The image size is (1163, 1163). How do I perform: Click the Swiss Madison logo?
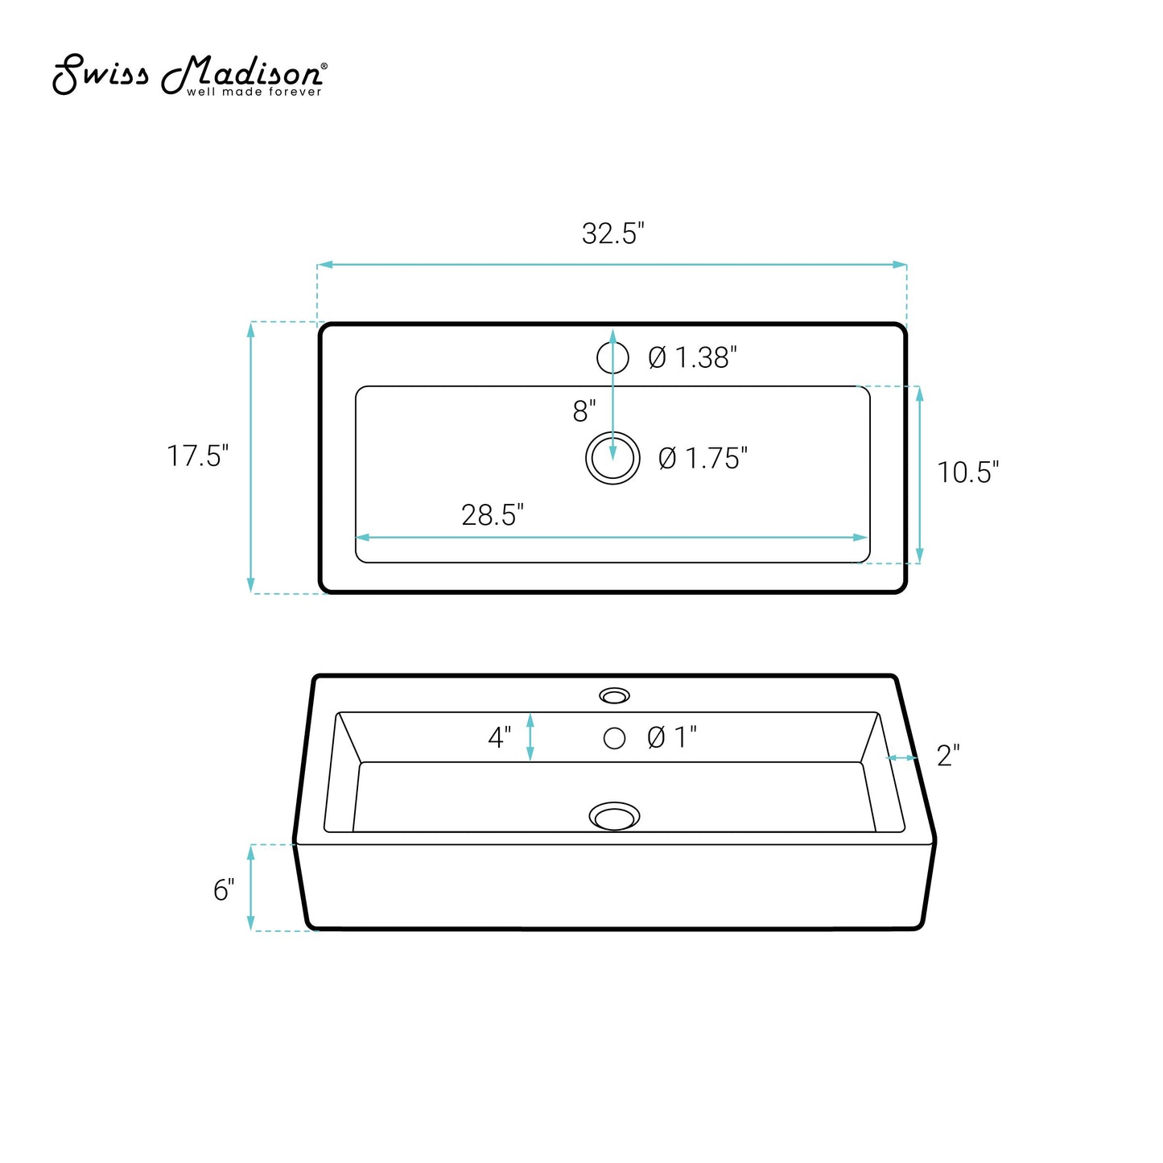click(x=190, y=76)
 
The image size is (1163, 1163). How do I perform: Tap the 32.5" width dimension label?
click(x=612, y=233)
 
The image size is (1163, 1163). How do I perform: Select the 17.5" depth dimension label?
click(x=197, y=456)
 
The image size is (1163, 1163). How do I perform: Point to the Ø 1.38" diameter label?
click(x=692, y=357)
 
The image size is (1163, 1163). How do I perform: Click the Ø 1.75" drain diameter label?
click(x=703, y=458)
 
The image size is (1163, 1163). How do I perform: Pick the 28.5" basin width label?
click(x=493, y=515)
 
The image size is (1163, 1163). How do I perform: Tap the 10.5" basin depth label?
click(x=967, y=472)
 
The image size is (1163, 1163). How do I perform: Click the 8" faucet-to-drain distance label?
click(x=584, y=411)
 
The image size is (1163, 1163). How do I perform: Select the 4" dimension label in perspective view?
click(x=500, y=737)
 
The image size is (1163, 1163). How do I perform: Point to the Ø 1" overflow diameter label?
click(x=672, y=737)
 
